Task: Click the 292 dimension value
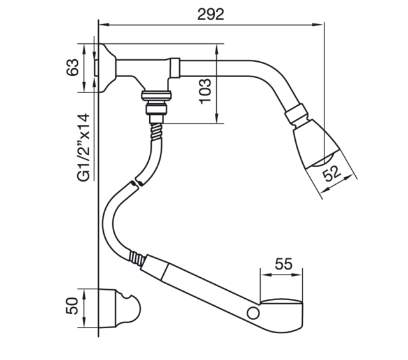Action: tap(210, 14)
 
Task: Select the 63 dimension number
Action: tap(72, 68)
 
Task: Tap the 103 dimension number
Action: tap(205, 90)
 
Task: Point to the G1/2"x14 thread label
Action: tap(84, 148)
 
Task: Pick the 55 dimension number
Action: tap(284, 264)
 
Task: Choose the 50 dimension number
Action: tap(72, 306)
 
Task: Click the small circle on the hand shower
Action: tap(253, 313)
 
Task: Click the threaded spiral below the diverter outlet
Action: tap(156, 132)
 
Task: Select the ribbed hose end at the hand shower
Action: tap(136, 258)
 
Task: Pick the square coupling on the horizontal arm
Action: tap(175, 68)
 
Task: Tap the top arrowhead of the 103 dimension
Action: tap(217, 49)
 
